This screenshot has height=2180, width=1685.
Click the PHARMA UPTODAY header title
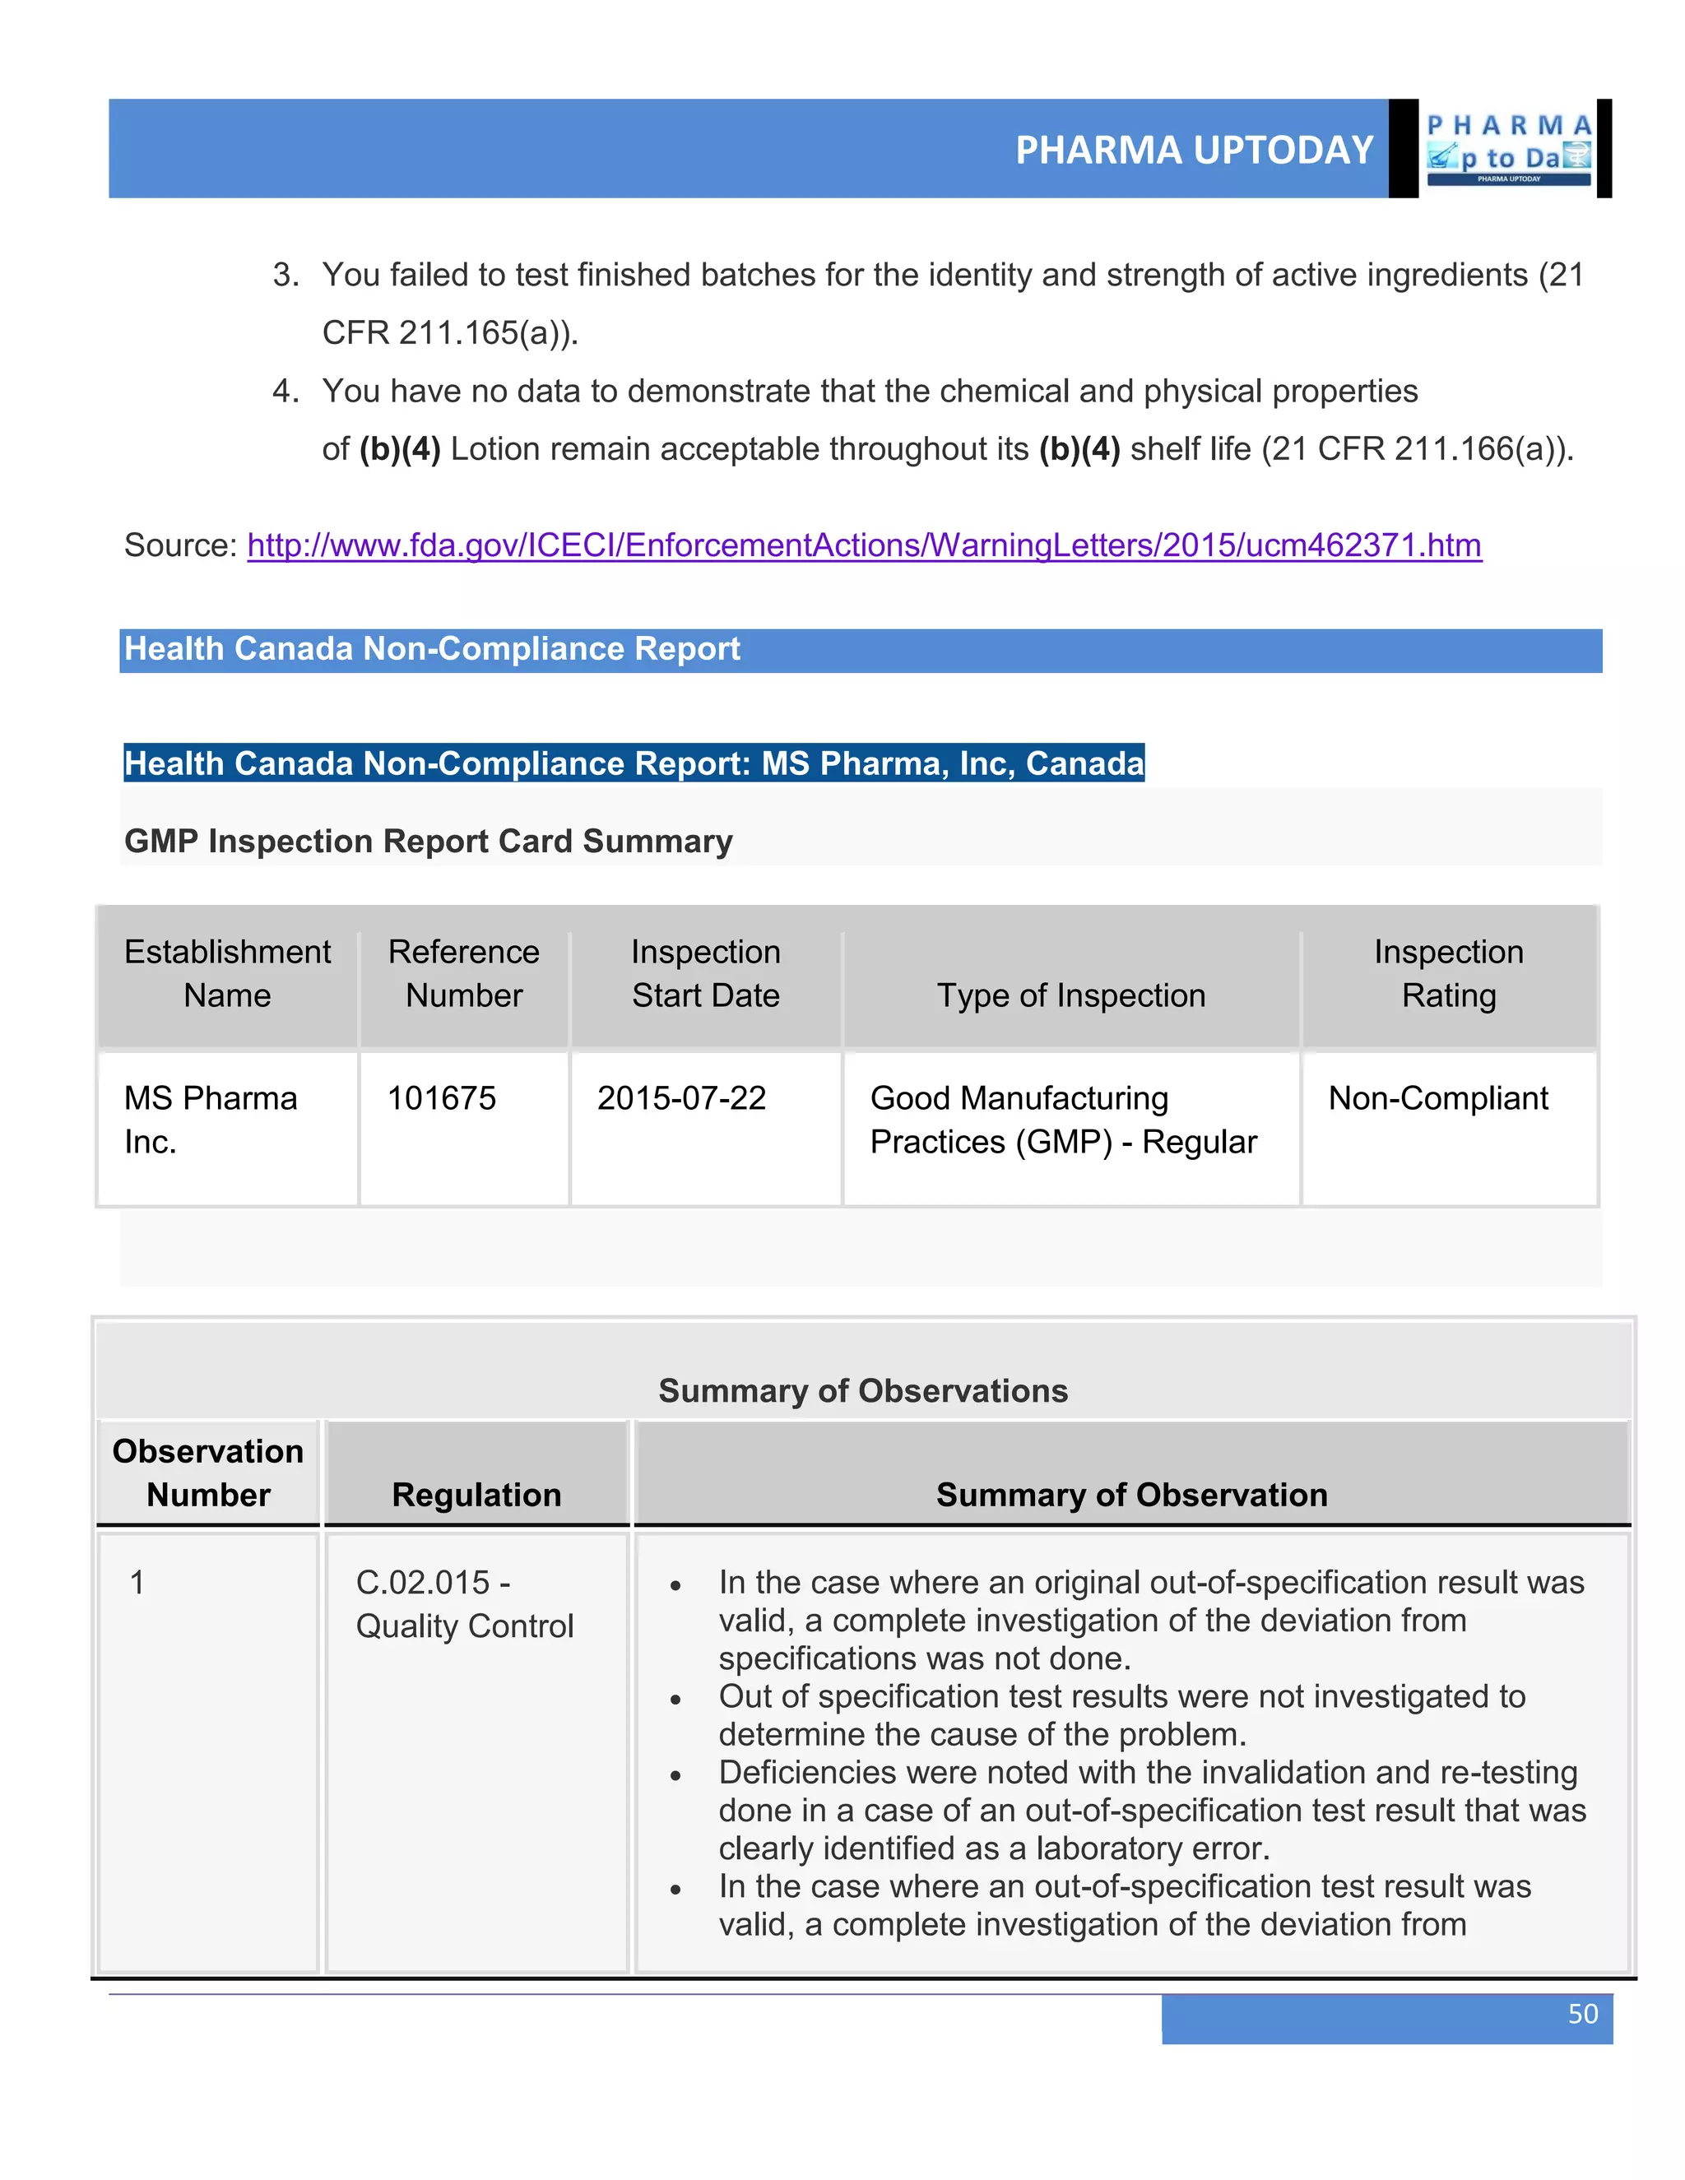tap(1194, 150)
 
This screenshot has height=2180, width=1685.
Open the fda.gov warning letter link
tap(863, 545)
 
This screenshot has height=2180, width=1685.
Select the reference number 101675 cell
tap(441, 1098)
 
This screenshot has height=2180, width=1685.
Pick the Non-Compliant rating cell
tap(1437, 1098)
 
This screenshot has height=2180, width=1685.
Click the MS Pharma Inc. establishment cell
tap(210, 1119)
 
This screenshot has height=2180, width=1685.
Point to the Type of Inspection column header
tap(1070, 995)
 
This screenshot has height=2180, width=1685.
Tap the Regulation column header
tap(476, 1494)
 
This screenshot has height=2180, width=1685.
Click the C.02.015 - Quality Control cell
tap(464, 1604)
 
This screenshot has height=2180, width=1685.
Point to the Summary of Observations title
tap(862, 1390)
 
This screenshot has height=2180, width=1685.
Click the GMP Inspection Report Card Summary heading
tap(428, 842)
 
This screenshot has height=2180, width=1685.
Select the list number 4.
tap(285, 392)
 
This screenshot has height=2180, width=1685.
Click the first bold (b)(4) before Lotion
tap(399, 449)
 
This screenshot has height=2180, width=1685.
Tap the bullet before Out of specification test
tap(675, 1699)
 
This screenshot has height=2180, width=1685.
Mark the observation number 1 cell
tap(137, 1582)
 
